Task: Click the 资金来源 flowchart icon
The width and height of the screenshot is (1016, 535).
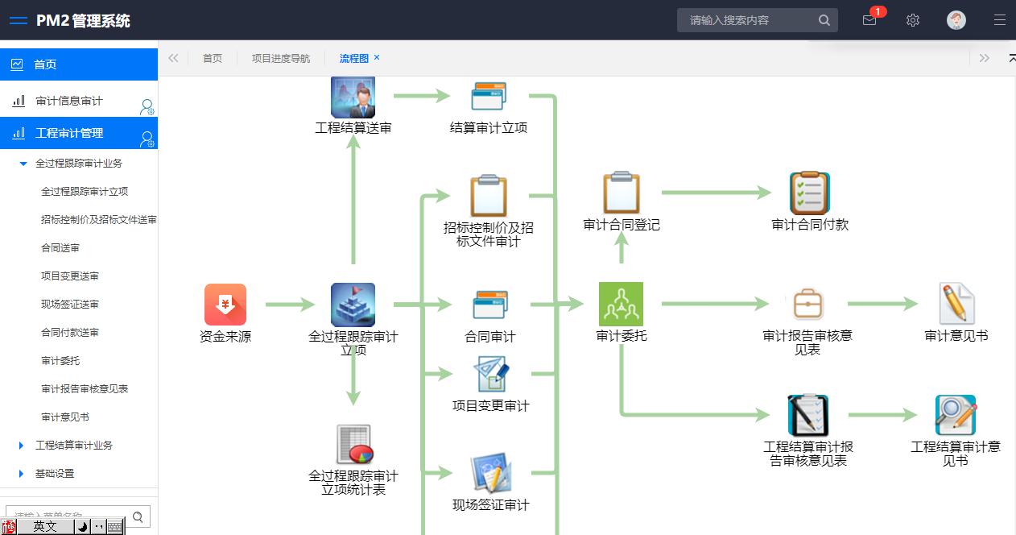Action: [x=225, y=305]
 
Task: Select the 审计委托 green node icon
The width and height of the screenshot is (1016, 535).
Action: [x=621, y=304]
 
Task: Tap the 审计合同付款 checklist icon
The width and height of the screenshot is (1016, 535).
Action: [x=809, y=193]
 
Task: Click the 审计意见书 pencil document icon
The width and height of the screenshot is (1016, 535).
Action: [x=956, y=304]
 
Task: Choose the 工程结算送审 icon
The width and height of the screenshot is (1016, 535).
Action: [x=353, y=97]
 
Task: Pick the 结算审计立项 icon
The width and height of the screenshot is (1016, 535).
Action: [x=489, y=97]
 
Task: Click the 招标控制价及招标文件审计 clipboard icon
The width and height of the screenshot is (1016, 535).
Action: [x=489, y=196]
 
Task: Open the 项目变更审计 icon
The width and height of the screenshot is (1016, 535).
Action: [x=490, y=375]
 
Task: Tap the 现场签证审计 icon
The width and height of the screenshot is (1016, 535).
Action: [x=491, y=474]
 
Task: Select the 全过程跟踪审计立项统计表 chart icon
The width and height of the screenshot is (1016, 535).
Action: [x=353, y=445]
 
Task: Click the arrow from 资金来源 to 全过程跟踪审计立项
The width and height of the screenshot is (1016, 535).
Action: [x=290, y=305]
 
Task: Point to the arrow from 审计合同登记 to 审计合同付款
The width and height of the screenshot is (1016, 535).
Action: [x=716, y=193]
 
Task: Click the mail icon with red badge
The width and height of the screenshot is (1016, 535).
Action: [x=869, y=20]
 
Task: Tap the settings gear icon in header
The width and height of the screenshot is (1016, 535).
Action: [x=913, y=20]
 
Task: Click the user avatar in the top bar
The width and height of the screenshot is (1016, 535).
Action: [x=956, y=20]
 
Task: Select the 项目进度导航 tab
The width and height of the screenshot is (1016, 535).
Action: [x=281, y=58]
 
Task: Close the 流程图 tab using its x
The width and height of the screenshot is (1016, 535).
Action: [x=377, y=57]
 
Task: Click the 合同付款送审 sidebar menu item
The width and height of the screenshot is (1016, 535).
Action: [x=70, y=332]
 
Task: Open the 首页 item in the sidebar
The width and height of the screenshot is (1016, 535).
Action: [x=45, y=64]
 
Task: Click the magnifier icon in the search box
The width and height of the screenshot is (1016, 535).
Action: [x=824, y=20]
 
